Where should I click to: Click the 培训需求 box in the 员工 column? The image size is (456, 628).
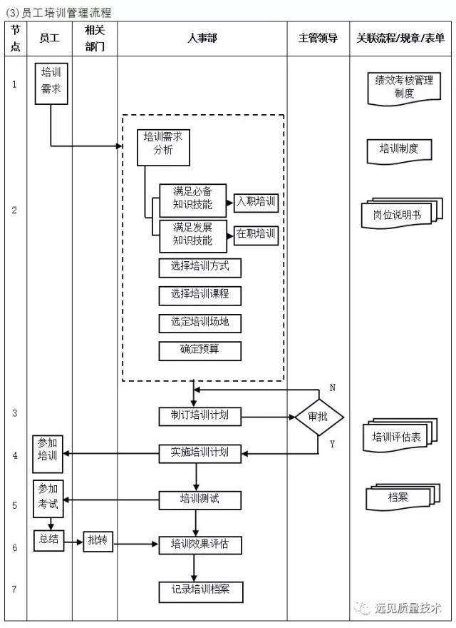click(x=51, y=83)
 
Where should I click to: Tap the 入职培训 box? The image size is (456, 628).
click(x=255, y=203)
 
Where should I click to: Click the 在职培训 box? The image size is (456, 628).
click(x=255, y=233)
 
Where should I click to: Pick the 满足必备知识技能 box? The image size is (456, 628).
click(x=192, y=198)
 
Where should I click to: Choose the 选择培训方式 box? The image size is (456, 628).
click(x=199, y=267)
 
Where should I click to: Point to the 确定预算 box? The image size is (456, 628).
click(x=199, y=350)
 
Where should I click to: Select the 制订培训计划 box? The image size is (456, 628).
click(x=199, y=416)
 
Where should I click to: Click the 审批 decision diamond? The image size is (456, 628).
click(x=318, y=417)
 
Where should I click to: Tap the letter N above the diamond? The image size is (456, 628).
click(x=332, y=388)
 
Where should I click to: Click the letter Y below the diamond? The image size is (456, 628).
click(x=332, y=444)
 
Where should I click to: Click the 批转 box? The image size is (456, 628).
click(x=98, y=542)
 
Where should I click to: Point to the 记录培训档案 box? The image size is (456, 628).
click(x=199, y=591)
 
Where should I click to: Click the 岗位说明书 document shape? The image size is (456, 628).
click(x=397, y=214)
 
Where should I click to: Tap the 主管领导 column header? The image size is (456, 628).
click(x=318, y=39)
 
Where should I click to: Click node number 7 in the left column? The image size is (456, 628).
click(x=14, y=589)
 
